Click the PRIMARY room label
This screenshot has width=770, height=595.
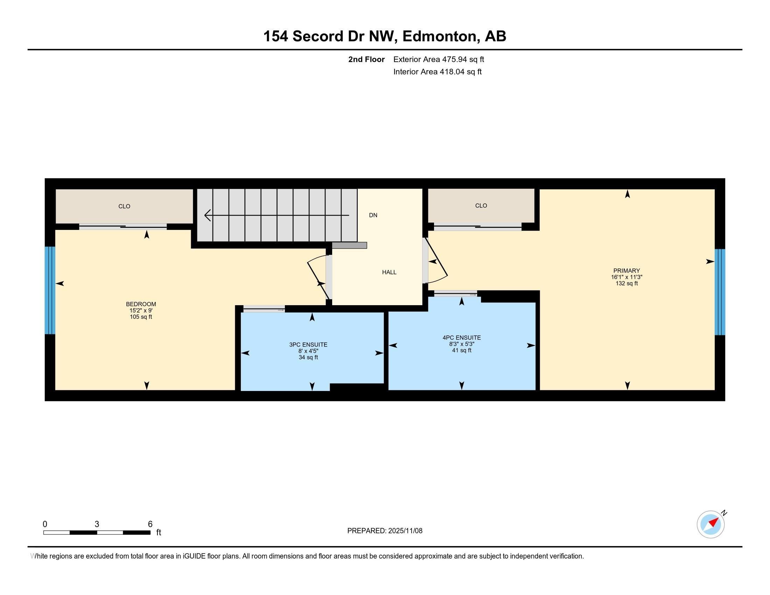(x=626, y=271)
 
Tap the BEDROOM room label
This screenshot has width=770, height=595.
(x=141, y=304)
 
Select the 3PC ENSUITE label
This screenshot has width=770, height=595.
(x=308, y=345)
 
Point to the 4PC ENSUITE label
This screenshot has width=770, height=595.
(x=462, y=338)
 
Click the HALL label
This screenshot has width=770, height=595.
(x=389, y=272)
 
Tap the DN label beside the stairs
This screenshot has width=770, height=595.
(x=373, y=215)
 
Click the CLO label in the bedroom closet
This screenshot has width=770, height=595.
(x=124, y=206)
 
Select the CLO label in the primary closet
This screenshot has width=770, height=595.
(x=481, y=205)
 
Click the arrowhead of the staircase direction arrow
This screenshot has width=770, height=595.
(x=207, y=215)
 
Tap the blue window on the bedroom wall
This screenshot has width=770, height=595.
(x=50, y=290)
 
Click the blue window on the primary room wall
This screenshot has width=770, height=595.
(x=720, y=292)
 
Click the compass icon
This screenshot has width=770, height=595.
(x=710, y=524)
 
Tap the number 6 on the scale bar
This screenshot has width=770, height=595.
(x=150, y=524)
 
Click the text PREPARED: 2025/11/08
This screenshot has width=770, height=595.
(x=385, y=531)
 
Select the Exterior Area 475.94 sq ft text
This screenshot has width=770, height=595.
(x=439, y=59)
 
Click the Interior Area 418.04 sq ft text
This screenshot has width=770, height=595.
(x=437, y=72)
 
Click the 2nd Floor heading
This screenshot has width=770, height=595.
(x=366, y=59)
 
